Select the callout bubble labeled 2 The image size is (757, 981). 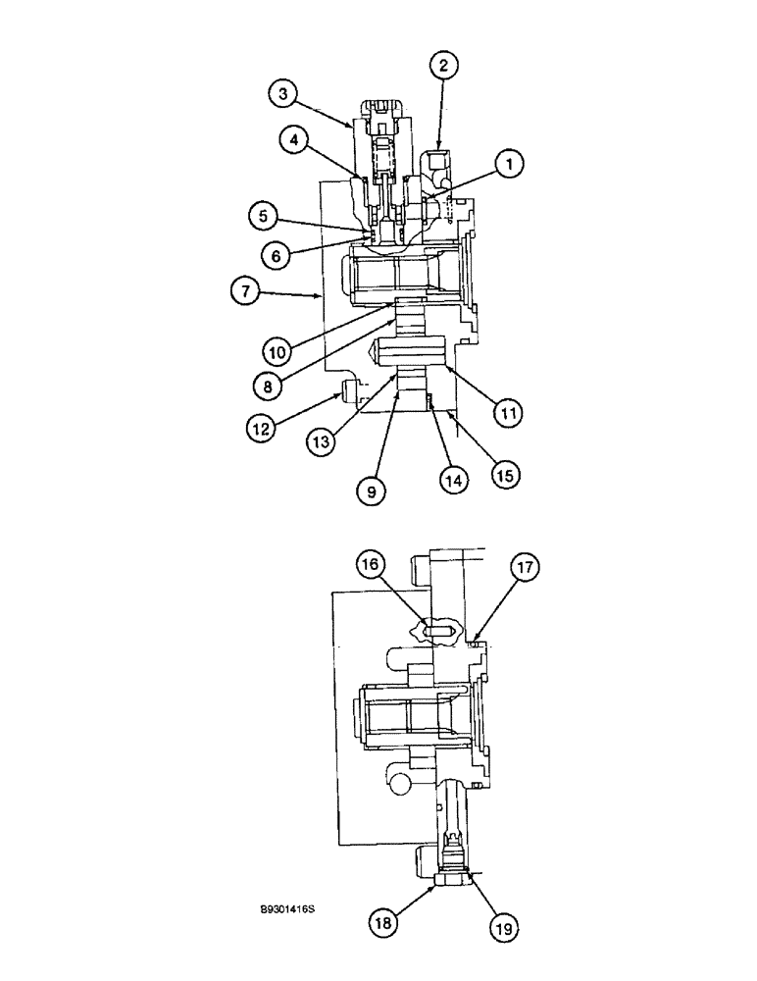(x=443, y=66)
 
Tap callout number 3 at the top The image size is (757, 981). (x=283, y=94)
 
